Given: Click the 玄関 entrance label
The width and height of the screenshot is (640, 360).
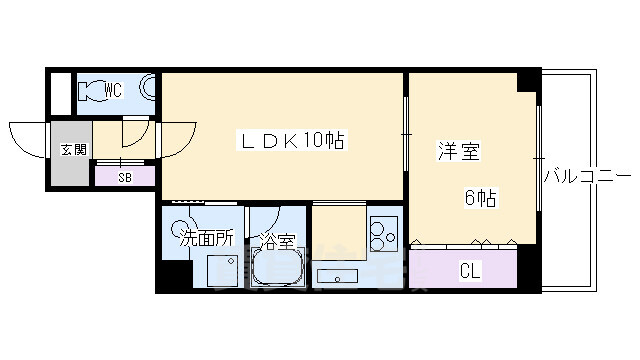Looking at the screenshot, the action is coord(73,150).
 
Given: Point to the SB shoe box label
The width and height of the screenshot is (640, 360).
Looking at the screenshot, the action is coord(125,177).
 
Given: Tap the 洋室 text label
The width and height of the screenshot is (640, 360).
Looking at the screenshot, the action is coord(459,152).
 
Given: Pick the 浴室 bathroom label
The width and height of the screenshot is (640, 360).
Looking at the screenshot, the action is coord(276,240).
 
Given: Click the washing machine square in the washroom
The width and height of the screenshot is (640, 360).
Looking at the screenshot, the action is coord(221,270).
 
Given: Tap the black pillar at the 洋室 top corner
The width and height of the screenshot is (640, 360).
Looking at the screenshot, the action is coord(527,83).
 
